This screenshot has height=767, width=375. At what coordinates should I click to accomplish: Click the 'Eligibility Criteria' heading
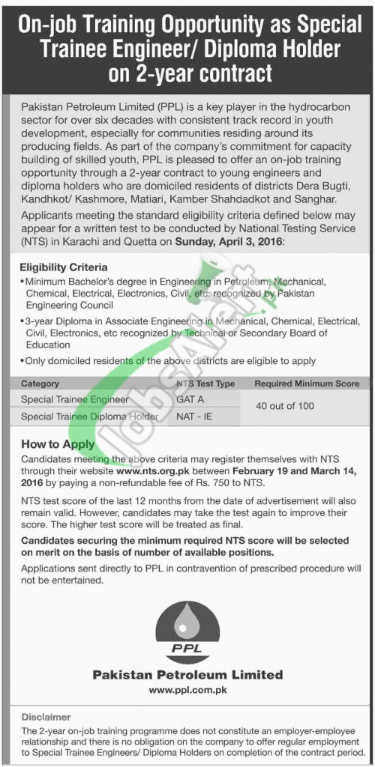[x=64, y=266]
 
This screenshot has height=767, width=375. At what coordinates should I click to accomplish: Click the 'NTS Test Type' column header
[x=205, y=383]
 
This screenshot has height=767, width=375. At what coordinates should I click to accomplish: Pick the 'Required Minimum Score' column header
[x=306, y=383]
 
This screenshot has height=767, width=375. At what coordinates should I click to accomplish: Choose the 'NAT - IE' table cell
[x=193, y=416]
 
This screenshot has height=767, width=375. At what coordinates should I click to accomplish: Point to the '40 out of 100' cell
[x=306, y=408]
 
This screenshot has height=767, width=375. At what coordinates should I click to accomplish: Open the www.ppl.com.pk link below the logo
[x=187, y=688]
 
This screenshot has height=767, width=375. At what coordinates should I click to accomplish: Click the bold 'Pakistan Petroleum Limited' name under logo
[x=187, y=674]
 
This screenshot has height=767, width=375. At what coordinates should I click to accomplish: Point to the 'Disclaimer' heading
[x=45, y=718]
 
